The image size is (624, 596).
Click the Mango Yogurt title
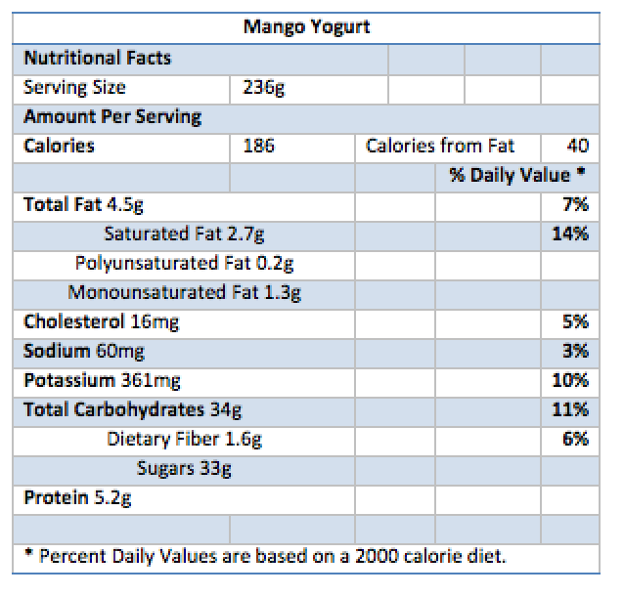click(x=306, y=27)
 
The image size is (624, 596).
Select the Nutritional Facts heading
click(x=97, y=58)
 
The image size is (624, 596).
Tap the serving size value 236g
click(x=263, y=88)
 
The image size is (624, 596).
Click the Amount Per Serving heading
click(x=111, y=117)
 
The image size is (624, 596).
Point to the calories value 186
click(x=259, y=147)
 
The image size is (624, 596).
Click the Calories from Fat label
click(x=439, y=147)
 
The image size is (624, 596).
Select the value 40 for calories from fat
click(x=577, y=147)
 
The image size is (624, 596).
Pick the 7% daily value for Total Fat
click(x=576, y=205)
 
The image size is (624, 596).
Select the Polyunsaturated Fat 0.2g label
click(x=185, y=264)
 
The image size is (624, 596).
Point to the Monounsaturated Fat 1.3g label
click(x=184, y=293)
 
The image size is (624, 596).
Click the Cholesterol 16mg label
click(x=101, y=322)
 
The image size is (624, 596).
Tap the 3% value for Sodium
click(x=576, y=352)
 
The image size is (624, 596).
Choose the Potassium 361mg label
click(x=102, y=381)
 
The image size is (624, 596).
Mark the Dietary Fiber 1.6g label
click(x=184, y=440)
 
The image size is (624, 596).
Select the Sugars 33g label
click(x=184, y=469)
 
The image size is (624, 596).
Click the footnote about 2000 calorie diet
click(x=264, y=557)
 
